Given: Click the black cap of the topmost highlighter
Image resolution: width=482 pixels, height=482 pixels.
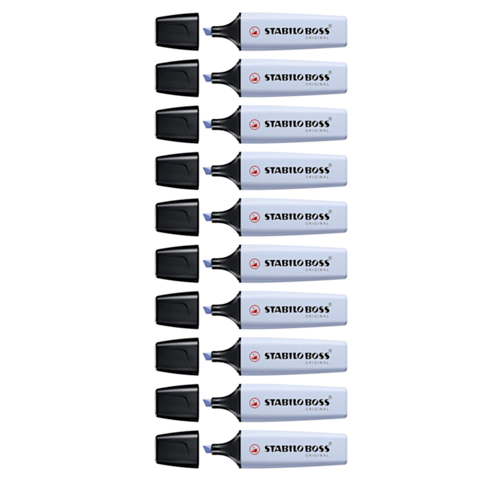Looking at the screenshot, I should tap(177, 32).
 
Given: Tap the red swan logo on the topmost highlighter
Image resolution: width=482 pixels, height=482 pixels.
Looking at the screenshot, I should tap(255, 32).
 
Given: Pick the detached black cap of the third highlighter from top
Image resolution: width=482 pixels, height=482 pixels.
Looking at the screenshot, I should tap(177, 124).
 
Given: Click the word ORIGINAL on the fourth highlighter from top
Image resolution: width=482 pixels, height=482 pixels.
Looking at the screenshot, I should tap(317, 177).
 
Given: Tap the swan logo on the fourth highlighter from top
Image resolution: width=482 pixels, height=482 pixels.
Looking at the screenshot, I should tap(255, 171).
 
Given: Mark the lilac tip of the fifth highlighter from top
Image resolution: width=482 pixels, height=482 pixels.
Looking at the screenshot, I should tap(207, 217).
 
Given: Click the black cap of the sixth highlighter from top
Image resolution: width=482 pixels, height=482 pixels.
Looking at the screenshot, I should tap(177, 264).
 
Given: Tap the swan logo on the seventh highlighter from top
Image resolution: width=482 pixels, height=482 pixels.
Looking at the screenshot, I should tap(255, 310).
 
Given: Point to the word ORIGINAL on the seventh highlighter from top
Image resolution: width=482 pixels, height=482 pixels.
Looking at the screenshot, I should tap(317, 316).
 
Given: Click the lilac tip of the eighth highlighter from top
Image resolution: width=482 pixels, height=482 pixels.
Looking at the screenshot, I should tap(207, 356).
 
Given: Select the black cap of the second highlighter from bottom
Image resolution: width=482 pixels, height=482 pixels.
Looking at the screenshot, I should tap(177, 403).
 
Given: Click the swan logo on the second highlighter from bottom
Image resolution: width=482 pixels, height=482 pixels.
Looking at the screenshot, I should tap(255, 403).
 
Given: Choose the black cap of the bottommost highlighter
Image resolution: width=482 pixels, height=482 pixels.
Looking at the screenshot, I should tap(177, 449).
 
